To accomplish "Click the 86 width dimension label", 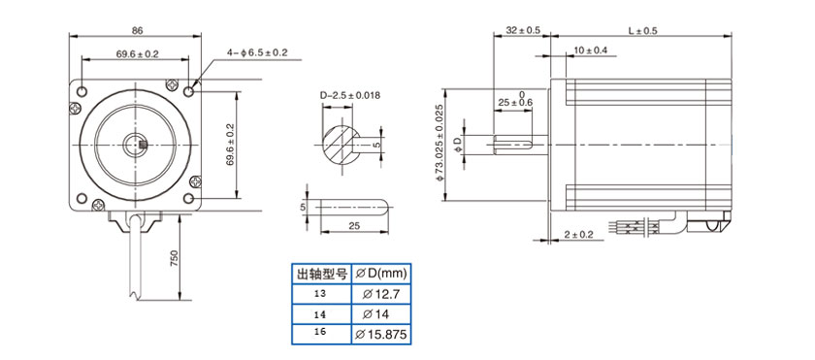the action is coord(137,31).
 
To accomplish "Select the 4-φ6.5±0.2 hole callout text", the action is coord(257,52).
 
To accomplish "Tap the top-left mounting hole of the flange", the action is coord(81,92).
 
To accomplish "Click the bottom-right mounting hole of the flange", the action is coord(188,199).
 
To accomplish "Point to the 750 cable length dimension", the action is coord(174,258).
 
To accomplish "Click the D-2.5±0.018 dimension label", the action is coord(350,96).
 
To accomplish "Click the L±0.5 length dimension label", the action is coord(642,31).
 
